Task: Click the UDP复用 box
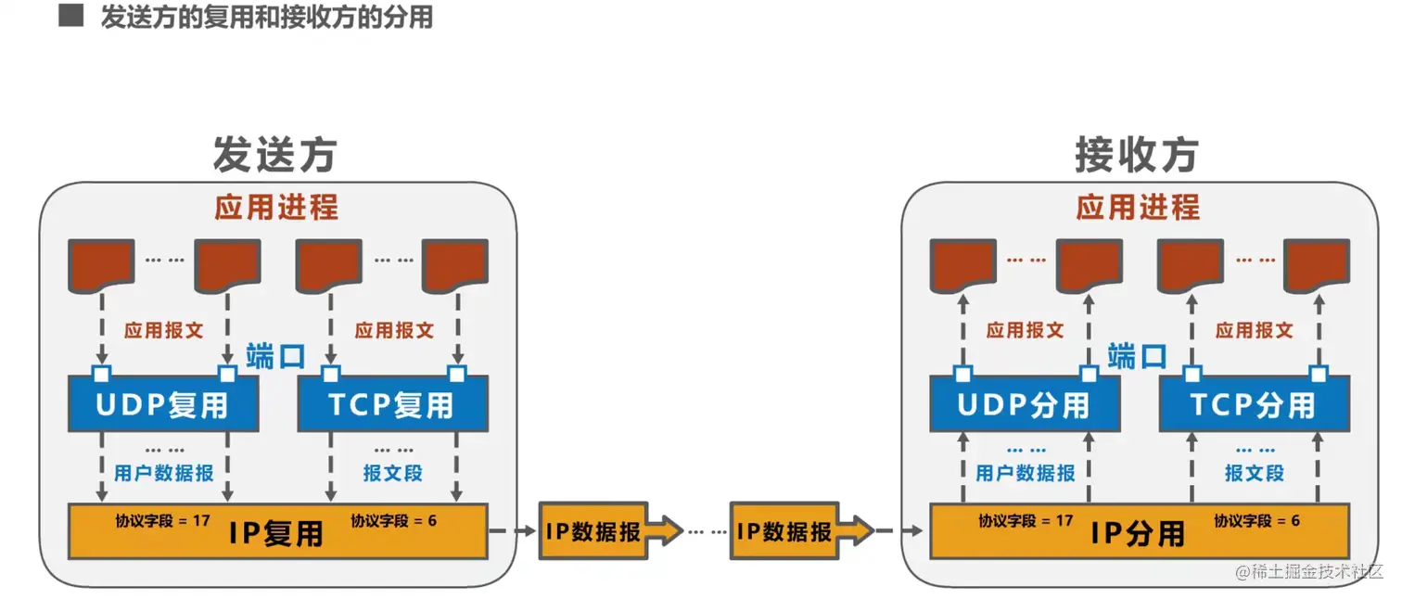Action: tap(163, 404)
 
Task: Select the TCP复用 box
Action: tap(392, 404)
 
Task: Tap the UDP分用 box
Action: tap(1025, 404)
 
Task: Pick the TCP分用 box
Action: tap(1254, 404)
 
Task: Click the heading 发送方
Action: tap(274, 155)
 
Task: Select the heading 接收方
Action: tap(1137, 155)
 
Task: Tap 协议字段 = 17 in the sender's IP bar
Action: tap(162, 520)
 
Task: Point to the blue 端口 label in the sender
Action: tap(275, 355)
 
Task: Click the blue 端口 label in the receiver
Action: tap(1137, 355)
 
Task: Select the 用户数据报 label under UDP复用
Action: tap(164, 473)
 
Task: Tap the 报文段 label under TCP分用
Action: tap(1255, 473)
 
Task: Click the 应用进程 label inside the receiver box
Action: tap(1138, 207)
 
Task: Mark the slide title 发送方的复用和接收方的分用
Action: tap(267, 18)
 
